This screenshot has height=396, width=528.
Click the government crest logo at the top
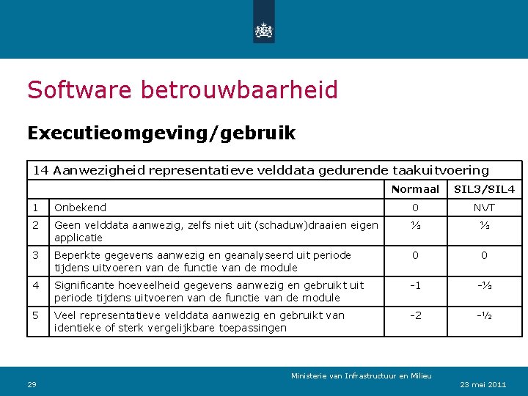click(x=263, y=30)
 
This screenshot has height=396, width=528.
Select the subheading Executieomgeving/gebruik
click(x=161, y=133)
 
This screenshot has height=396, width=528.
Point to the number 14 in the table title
click(x=41, y=170)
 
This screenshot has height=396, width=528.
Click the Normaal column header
click(x=415, y=189)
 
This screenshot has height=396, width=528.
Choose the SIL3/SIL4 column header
click(x=484, y=189)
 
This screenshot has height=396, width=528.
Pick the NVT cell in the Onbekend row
click(x=484, y=208)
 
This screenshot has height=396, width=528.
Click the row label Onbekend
click(x=80, y=208)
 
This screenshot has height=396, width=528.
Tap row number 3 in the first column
click(x=35, y=255)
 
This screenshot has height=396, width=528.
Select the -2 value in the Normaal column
click(x=415, y=315)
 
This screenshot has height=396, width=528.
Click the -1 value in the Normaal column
click(x=415, y=285)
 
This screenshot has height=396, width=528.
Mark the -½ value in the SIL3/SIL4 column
click(x=484, y=315)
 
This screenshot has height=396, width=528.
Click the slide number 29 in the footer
click(x=32, y=384)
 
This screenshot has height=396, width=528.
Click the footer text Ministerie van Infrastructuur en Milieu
click(x=362, y=375)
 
